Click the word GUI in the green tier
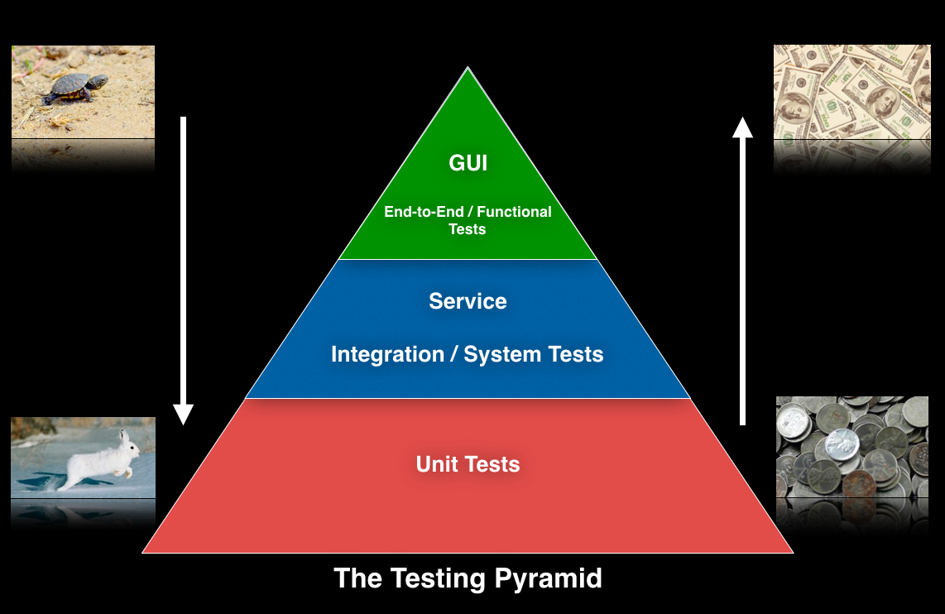pos(468,163)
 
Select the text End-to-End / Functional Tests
pos(468,220)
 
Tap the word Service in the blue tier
pos(468,301)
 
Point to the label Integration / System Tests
pos(468,355)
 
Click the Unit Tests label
pos(468,464)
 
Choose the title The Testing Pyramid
pos(468,578)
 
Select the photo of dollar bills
pos(851,91)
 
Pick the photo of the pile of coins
pos(852,447)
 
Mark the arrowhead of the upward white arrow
pos(742,127)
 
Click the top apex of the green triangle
pos(468,70)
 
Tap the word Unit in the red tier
pos(436,464)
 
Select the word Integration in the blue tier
pos(387,355)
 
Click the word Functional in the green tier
pos(514,212)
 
